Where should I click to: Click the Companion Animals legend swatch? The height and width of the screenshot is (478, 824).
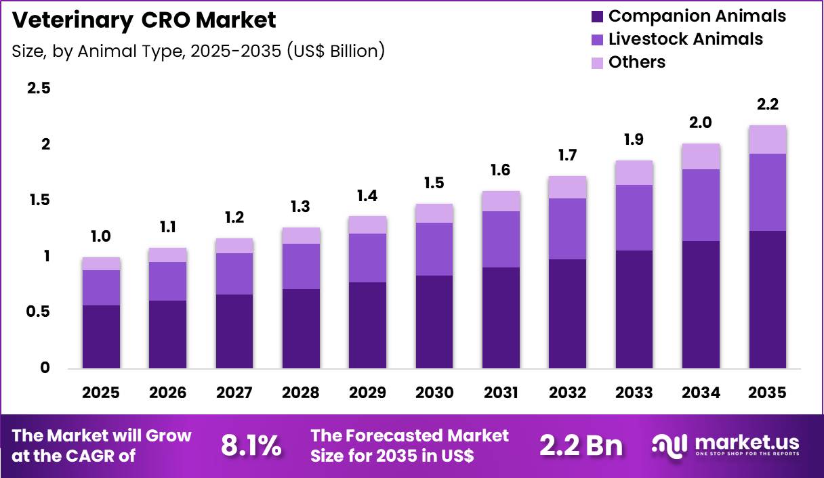click(597, 17)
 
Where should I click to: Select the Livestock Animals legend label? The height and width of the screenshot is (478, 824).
click(686, 39)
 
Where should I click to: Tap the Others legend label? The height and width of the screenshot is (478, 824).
click(637, 62)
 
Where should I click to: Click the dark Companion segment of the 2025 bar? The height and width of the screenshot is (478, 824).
click(101, 336)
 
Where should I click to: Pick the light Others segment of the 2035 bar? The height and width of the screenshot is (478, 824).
click(768, 139)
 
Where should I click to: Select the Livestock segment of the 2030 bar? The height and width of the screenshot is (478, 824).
click(434, 248)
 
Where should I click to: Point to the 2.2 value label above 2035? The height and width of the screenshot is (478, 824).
click(768, 105)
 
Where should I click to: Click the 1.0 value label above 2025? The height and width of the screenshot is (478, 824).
click(101, 236)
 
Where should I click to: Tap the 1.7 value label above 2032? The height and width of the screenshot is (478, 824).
click(568, 156)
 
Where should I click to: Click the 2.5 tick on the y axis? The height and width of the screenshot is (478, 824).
click(39, 88)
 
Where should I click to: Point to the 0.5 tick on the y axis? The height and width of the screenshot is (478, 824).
click(39, 312)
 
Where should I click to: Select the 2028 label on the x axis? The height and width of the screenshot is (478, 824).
click(301, 393)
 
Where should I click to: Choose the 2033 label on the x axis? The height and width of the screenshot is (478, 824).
click(634, 393)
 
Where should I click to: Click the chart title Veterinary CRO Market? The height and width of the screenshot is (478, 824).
click(144, 20)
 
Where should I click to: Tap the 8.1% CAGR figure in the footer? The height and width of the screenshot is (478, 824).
click(251, 446)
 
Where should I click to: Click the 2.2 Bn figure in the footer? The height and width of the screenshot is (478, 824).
click(581, 446)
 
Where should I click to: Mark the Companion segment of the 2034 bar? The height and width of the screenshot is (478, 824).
click(701, 304)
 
